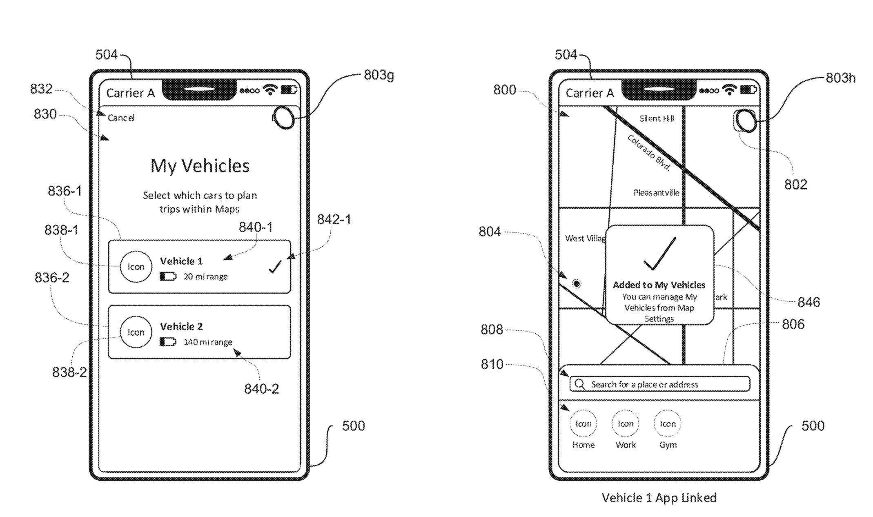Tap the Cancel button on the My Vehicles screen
121,118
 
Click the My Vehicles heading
200,166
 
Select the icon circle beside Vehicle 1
136,267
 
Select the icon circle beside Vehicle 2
136,332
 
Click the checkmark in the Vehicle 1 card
275,267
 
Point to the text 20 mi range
205,276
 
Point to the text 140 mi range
208,342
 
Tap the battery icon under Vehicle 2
168,342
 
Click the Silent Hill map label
657,118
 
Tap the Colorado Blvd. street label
649,152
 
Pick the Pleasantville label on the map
656,192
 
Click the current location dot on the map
577,283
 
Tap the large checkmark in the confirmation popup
659,254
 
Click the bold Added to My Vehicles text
659,285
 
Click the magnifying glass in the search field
579,384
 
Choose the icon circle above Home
583,423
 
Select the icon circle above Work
625,423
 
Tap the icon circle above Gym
668,423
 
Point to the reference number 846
808,302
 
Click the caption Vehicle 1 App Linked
659,497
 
